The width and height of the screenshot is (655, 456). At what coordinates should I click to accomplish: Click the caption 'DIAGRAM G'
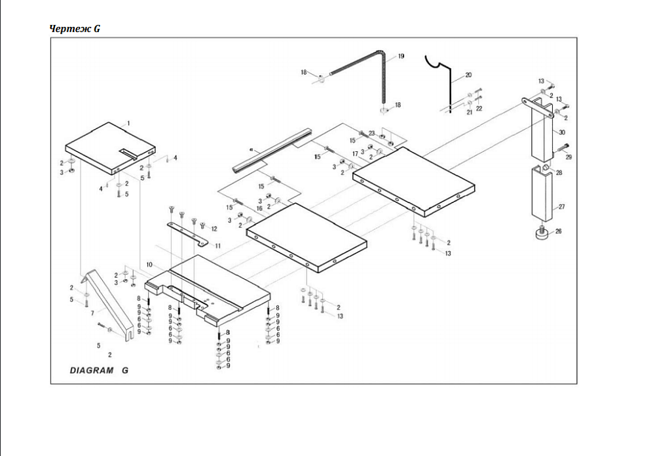pos(99,370)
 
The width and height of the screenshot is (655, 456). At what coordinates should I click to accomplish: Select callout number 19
pos(401,56)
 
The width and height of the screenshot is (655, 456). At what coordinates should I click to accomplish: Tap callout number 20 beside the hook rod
pos(468,75)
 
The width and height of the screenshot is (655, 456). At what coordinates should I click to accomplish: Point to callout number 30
pos(562,132)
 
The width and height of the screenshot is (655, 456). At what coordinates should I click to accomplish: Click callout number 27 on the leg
pos(560,206)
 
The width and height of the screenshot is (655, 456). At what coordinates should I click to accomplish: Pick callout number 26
pos(558,231)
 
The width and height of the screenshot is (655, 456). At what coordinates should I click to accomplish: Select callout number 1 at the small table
pos(128,123)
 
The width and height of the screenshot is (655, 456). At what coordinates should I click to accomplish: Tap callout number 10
pos(149,265)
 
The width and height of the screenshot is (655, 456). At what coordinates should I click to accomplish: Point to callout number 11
pos(217,246)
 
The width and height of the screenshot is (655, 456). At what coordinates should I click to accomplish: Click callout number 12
pos(214,228)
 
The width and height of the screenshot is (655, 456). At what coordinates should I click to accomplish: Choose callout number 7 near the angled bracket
pos(92,313)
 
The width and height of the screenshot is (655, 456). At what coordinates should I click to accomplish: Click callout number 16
pos(259,208)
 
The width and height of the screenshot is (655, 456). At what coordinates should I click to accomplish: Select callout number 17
pos(355,154)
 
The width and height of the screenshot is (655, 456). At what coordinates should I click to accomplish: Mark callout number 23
pos(371,133)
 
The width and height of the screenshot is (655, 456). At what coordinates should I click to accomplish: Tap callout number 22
pos(479,108)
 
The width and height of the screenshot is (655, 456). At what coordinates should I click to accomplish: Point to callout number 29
pos(569,157)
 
